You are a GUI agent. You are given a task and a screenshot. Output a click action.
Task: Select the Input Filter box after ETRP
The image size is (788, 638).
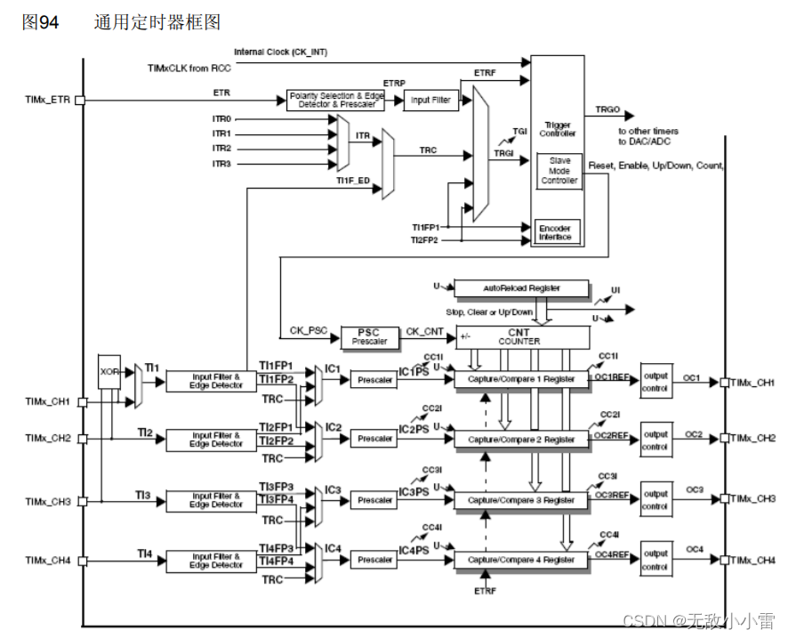coord(430,101)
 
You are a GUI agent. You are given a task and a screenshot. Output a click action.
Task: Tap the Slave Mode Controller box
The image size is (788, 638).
coord(559,170)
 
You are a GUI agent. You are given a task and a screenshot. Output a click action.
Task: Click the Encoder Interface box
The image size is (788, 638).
coord(556,232)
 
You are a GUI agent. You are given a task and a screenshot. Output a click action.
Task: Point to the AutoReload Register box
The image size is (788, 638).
coord(521,288)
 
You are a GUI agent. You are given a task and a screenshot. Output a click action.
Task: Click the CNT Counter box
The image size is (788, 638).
coord(521,336)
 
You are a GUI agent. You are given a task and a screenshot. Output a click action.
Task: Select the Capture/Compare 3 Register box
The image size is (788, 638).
coord(521,500)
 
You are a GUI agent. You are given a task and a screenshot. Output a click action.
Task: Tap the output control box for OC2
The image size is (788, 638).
coord(656,440)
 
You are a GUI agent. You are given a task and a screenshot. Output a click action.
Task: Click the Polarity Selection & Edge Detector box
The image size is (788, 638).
coord(336,101)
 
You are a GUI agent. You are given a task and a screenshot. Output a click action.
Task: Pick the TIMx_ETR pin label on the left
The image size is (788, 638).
coord(47,100)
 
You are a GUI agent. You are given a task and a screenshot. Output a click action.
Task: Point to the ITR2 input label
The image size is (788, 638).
coord(221,148)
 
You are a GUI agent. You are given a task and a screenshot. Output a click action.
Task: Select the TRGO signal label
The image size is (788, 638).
coord(607,110)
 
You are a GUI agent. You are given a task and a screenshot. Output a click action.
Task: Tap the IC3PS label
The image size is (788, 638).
coord(414,492)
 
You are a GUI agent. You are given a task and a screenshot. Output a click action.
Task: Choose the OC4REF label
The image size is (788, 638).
coord(611,554)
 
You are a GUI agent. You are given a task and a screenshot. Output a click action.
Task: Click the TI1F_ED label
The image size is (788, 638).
coord(353,181)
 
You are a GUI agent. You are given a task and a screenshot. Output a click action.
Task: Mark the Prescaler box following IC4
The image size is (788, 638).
coord(374,560)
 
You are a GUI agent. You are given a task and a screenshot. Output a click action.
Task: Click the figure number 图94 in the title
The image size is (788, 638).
coord(41,22)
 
